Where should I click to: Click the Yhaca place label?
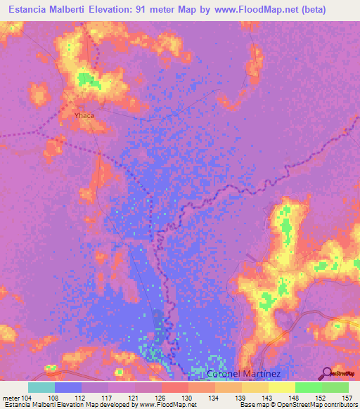pyautogui.click(x=84, y=115)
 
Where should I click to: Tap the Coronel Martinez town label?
pyautogui.click(x=244, y=374)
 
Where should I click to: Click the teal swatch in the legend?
pyautogui.click(x=41, y=387)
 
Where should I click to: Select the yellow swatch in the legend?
pyautogui.click(x=281, y=387)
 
